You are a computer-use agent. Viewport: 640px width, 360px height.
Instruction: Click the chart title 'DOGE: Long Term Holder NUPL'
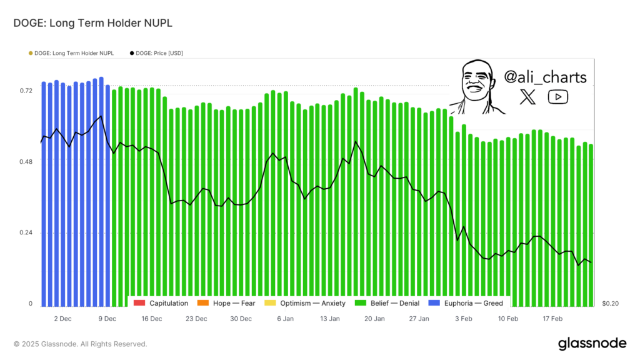[92, 23]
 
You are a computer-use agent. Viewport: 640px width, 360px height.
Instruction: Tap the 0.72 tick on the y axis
[26, 91]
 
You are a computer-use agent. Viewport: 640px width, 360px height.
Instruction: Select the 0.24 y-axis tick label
[26, 233]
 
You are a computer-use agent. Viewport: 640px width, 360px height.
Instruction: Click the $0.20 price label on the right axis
[610, 304]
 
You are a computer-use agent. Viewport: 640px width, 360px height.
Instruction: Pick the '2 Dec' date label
[62, 319]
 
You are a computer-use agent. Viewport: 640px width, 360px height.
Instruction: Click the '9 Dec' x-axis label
[107, 319]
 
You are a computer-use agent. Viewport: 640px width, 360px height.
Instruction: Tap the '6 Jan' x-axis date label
[285, 319]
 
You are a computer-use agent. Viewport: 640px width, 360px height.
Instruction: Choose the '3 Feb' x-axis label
[464, 319]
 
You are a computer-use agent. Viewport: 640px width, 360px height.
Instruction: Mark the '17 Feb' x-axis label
[552, 319]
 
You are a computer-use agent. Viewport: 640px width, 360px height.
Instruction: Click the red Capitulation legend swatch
[139, 303]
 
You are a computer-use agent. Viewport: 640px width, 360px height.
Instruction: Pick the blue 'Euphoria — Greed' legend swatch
[432, 303]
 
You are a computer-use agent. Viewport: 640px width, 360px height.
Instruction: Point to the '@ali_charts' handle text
[545, 77]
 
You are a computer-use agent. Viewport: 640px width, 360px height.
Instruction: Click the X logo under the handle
[528, 97]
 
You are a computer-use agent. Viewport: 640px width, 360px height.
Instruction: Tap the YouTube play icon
[557, 97]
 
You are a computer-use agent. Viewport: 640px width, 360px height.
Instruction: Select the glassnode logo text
[591, 343]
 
